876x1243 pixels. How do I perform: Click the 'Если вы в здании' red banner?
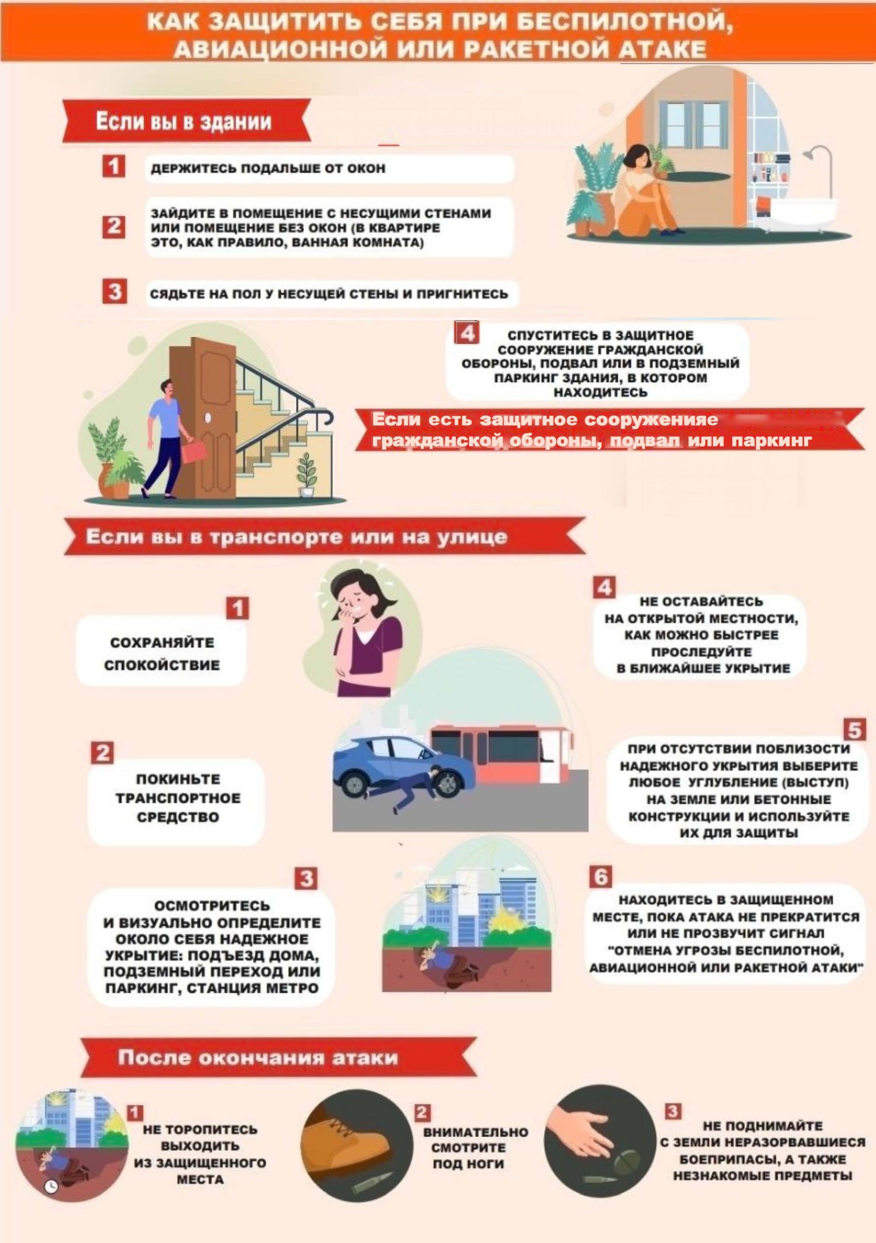tap(187, 121)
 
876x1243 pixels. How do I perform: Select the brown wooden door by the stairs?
tap(211, 417)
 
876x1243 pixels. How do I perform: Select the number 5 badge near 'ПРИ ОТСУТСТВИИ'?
tap(855, 730)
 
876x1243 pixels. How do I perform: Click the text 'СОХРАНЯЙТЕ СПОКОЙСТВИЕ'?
tap(162, 654)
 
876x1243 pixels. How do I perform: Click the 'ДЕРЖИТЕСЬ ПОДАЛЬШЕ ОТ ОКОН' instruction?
tap(268, 168)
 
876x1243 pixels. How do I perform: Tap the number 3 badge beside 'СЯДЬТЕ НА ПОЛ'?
tap(114, 292)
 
